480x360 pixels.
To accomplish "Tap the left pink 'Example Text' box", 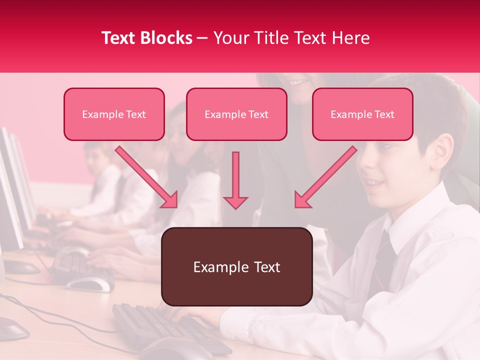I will tap(114, 114).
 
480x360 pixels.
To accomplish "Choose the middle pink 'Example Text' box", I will tap(236, 114).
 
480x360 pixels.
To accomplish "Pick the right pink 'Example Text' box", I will tap(362, 114).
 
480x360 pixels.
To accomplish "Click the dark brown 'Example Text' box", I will tap(237, 266).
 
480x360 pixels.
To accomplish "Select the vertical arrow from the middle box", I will tap(235, 180).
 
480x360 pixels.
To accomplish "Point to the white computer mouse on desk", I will tap(90, 283).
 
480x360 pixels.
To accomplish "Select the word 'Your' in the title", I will tap(230, 38).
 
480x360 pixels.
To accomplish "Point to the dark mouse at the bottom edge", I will tap(170, 350).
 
